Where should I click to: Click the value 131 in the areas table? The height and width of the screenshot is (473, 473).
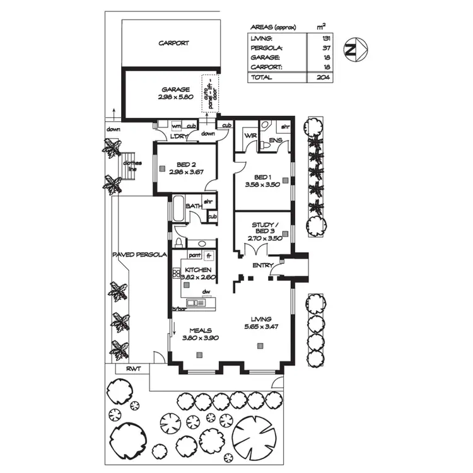[322, 38]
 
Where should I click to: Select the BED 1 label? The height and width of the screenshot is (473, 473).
[262, 177]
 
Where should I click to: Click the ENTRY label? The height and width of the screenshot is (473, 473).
[262, 266]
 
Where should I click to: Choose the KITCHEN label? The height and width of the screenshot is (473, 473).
[197, 270]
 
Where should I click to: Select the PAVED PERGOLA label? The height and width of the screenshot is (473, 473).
[139, 255]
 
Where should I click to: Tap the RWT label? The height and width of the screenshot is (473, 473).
[132, 368]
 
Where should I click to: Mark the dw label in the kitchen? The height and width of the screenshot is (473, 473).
[206, 292]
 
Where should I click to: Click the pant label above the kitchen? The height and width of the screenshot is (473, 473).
[195, 255]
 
